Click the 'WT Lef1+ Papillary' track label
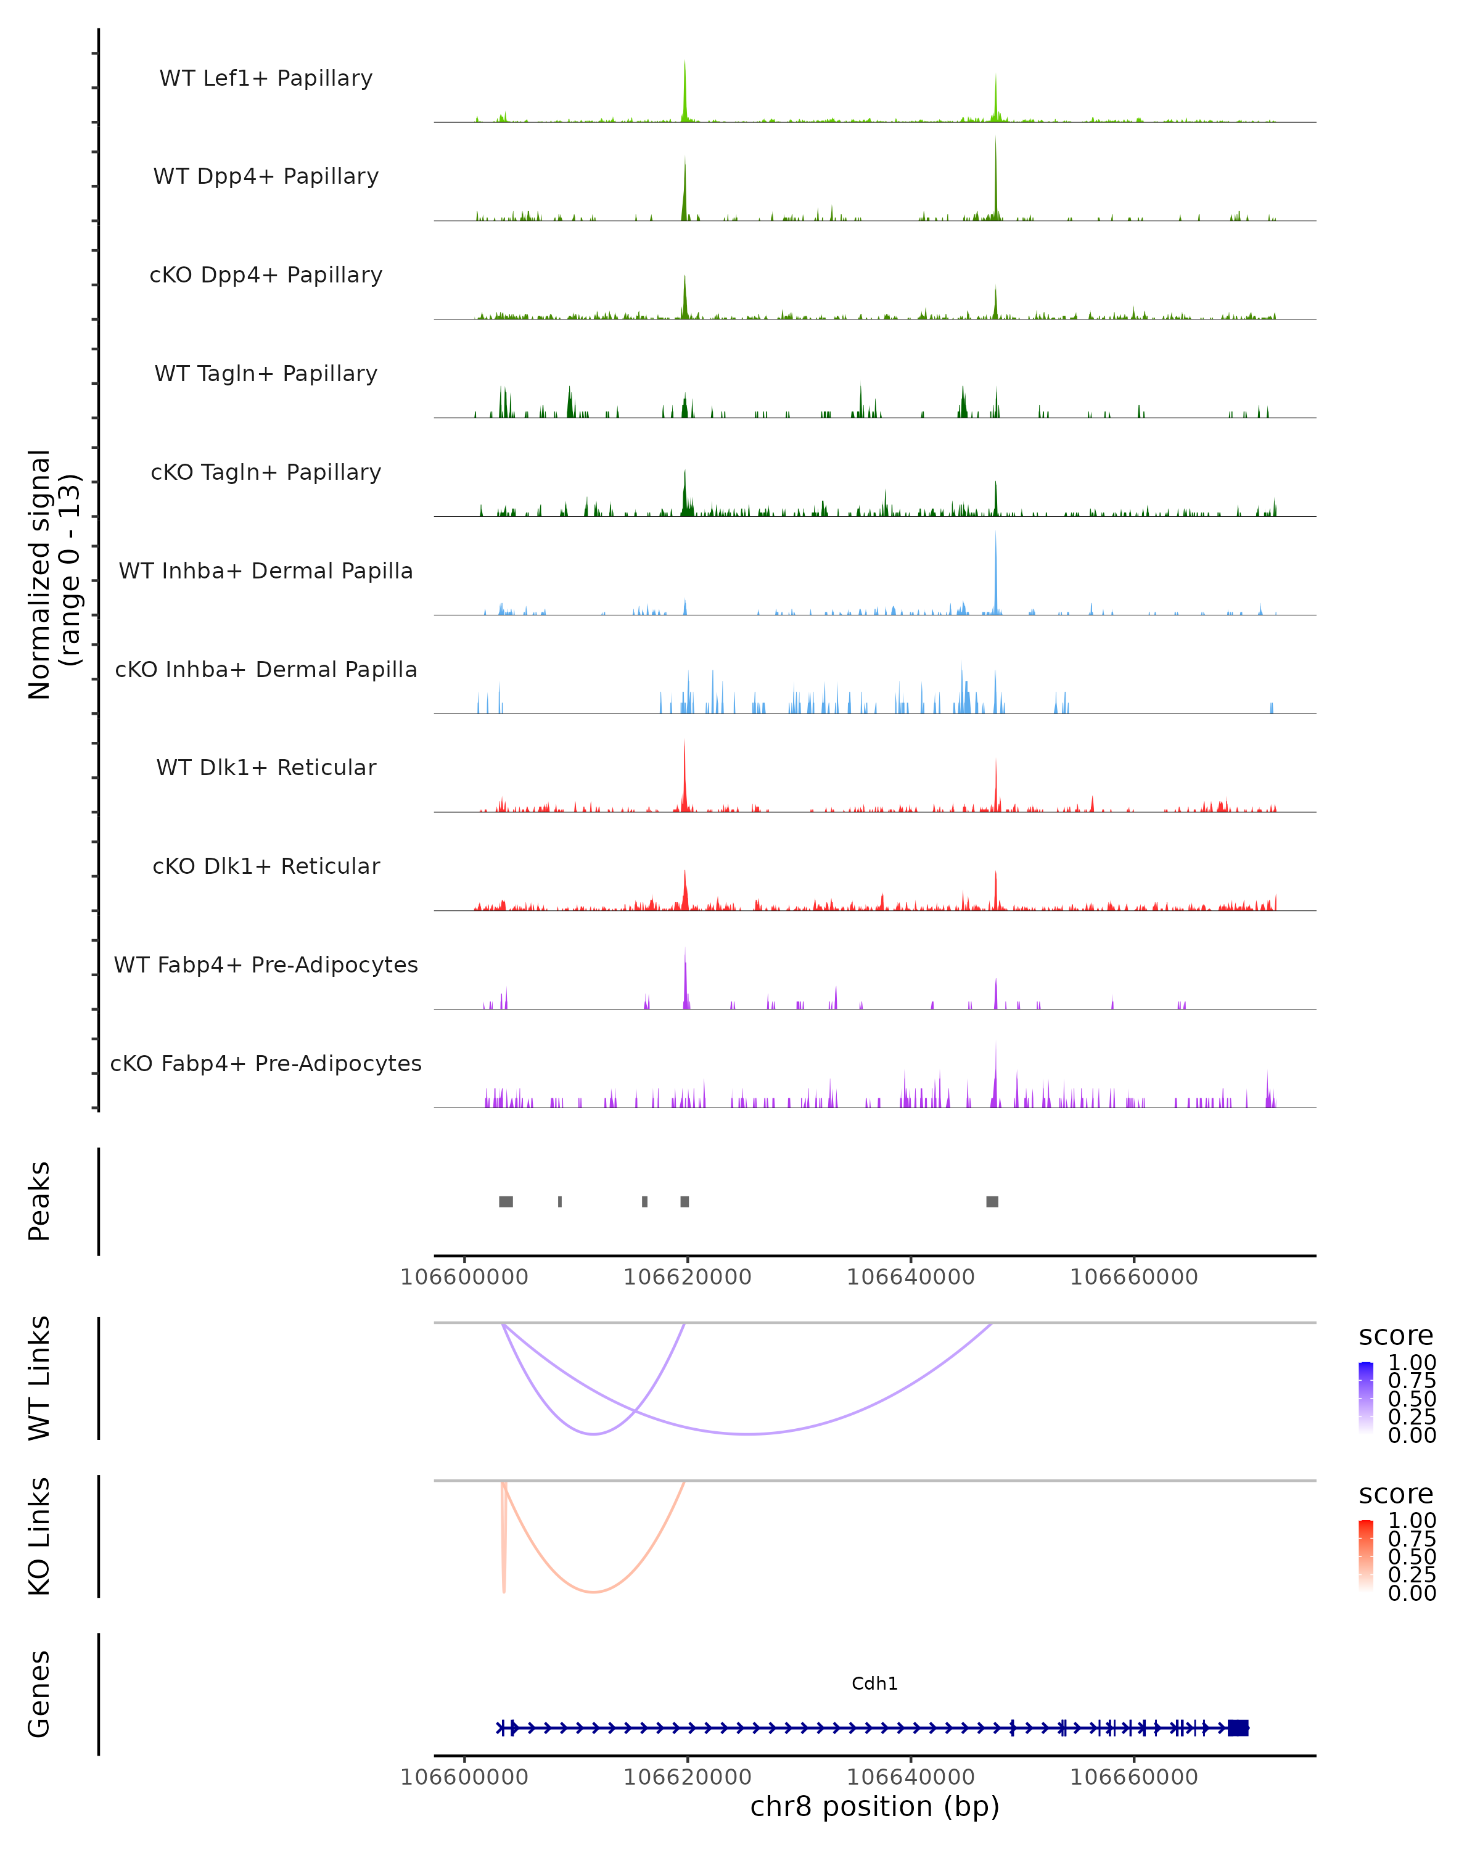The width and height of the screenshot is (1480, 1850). [x=266, y=78]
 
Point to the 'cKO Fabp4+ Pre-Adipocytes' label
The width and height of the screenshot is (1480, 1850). [x=266, y=1063]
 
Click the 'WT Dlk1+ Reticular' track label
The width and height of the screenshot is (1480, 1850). [x=266, y=767]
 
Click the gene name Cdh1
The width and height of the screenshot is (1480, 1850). [x=874, y=1683]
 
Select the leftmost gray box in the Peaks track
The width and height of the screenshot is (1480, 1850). [x=506, y=1201]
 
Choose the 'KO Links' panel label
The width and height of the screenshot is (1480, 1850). [x=39, y=1536]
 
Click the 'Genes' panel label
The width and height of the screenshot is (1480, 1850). [x=39, y=1694]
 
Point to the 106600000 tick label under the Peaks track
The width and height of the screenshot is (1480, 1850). [x=464, y=1277]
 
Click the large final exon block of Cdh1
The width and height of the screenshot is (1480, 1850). [x=1237, y=1727]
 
